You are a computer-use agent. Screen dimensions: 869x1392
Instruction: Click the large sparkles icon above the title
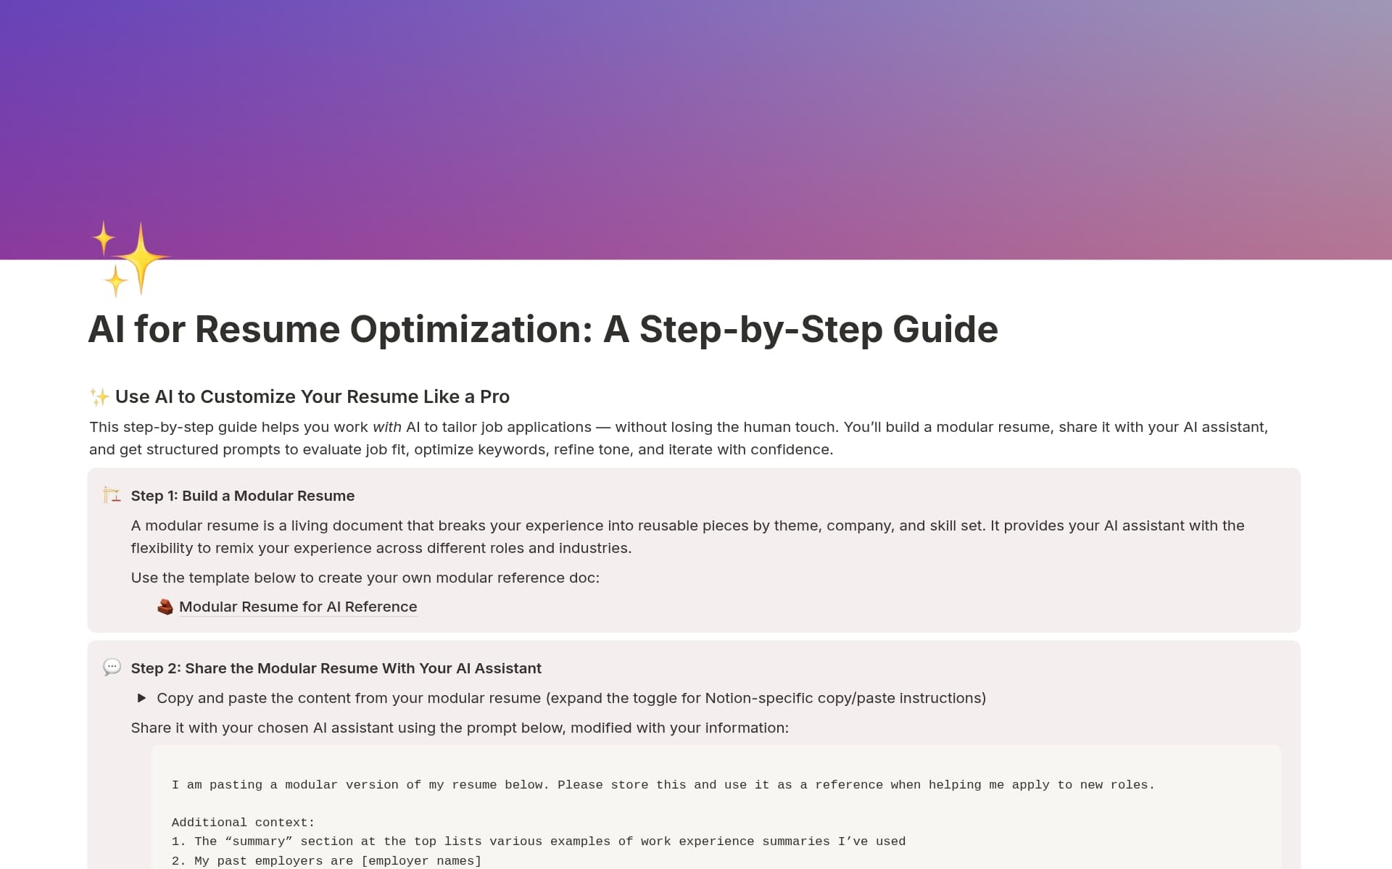pyautogui.click(x=130, y=259)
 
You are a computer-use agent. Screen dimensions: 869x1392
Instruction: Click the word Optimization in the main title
pyautogui.click(x=471, y=330)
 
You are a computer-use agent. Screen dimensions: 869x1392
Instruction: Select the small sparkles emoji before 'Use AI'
pyautogui.click(x=99, y=396)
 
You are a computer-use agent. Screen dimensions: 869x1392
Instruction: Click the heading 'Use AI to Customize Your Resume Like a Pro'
pyautogui.click(x=312, y=396)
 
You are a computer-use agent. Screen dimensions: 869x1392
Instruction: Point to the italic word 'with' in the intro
pyautogui.click(x=386, y=428)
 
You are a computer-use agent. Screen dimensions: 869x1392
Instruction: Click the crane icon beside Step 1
pyautogui.click(x=112, y=496)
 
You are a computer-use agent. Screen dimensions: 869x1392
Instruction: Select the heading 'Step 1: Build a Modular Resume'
pyautogui.click(x=242, y=496)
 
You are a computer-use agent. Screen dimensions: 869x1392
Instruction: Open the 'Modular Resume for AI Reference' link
pyautogui.click(x=297, y=607)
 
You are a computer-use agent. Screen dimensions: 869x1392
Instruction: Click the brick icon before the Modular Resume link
pyautogui.click(x=165, y=607)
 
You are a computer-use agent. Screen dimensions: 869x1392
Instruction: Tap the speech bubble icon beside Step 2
pyautogui.click(x=112, y=668)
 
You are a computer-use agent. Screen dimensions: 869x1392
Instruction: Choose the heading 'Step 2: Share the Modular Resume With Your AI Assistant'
pyautogui.click(x=336, y=668)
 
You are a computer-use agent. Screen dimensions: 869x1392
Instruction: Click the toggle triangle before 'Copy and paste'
pyautogui.click(x=142, y=698)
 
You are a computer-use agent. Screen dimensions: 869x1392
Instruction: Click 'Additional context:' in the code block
pyautogui.click(x=243, y=823)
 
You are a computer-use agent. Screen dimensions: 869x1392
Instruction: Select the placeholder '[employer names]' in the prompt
pyautogui.click(x=421, y=861)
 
